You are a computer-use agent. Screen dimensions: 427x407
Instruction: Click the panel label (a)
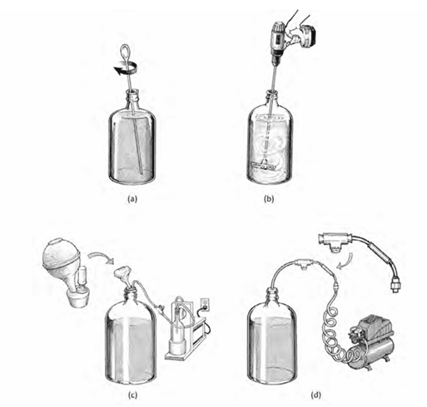point(132,199)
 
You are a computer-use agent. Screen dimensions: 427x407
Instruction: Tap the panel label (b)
point(269,199)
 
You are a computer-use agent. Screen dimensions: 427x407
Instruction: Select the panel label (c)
point(132,395)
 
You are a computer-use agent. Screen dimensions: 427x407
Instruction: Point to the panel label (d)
point(315,395)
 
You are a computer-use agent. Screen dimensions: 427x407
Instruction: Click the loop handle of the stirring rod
point(124,51)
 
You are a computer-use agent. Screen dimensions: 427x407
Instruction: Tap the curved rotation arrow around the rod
point(126,69)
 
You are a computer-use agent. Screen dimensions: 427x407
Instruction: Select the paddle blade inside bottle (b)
point(263,166)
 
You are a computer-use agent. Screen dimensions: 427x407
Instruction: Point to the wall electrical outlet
point(205,303)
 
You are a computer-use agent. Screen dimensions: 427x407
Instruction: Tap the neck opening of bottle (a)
point(132,91)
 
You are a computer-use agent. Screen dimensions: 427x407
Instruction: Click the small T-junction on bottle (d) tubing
point(304,262)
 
